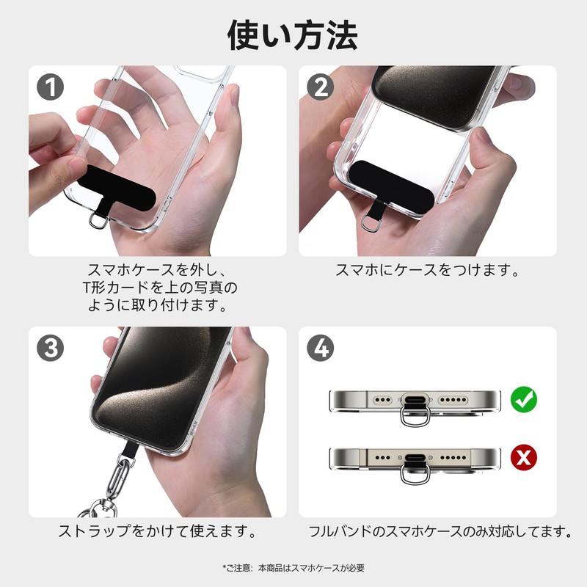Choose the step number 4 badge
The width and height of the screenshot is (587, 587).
tap(321, 349)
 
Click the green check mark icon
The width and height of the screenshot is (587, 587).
tap(524, 400)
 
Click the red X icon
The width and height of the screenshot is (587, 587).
tap(524, 458)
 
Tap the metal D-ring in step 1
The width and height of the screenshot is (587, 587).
tap(97, 220)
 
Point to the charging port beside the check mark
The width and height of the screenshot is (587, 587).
tap(415, 401)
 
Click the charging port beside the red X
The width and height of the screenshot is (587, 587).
tap(415, 459)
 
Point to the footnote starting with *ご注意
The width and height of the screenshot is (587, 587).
tap(293, 568)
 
